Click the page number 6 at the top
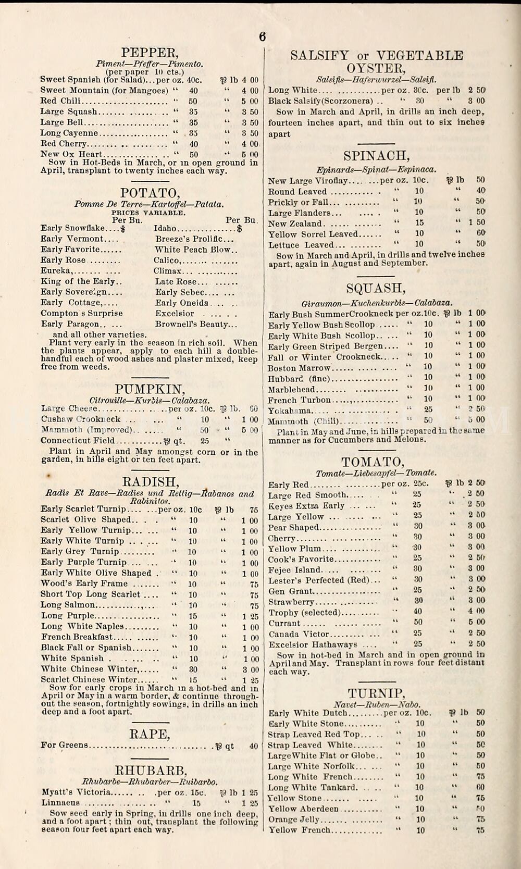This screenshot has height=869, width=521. tap(262, 36)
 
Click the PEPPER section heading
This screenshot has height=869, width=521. tap(150, 53)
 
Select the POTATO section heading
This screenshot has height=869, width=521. tap(150, 193)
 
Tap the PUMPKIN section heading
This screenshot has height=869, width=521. tap(150, 390)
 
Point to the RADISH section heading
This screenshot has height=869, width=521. tap(150, 482)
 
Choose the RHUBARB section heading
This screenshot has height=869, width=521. tap(151, 771)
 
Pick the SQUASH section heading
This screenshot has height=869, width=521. tap(376, 289)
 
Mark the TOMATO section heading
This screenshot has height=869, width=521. tap(373, 462)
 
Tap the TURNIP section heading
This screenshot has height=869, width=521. tap(376, 693)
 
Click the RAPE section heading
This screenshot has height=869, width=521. tap(150, 735)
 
